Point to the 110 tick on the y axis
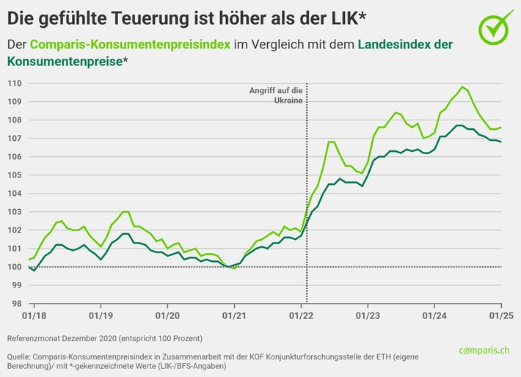[x=14, y=83]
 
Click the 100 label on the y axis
[x=14, y=266]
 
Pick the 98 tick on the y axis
[x=16, y=303]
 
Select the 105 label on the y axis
[x=14, y=175]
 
